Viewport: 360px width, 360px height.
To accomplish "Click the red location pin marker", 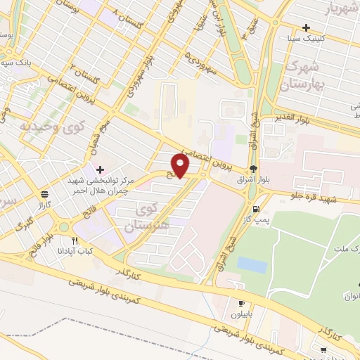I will [x=181, y=165].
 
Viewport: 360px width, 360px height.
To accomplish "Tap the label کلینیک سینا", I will [x=314, y=39].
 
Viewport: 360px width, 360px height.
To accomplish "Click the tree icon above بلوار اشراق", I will [x=252, y=169].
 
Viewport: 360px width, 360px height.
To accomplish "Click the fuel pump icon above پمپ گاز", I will [x=255, y=209].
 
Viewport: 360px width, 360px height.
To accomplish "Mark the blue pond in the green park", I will [x=252, y=265].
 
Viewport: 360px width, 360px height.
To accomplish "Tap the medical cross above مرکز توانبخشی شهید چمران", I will [x=101, y=169].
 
